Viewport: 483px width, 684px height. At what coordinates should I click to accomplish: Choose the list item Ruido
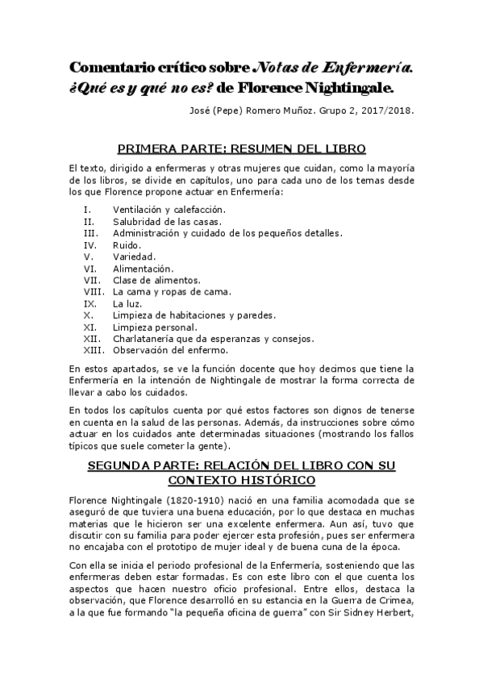click(127, 244)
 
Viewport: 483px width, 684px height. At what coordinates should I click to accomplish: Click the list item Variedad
click(134, 256)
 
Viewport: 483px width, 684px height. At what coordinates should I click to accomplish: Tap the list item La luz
click(127, 303)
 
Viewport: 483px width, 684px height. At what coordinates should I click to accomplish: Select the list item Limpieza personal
click(155, 327)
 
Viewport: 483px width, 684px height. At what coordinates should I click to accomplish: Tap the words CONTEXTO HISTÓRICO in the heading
click(242, 481)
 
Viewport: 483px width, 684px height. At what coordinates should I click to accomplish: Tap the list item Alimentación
click(144, 268)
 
